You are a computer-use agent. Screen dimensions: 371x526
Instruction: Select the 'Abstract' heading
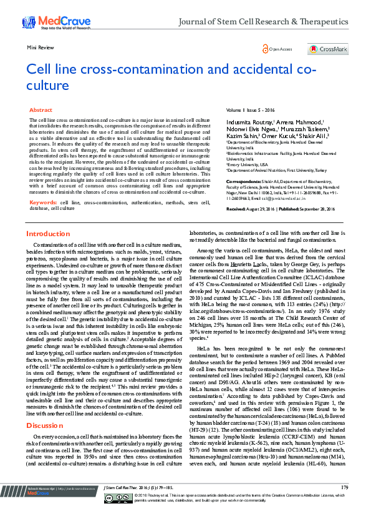(x=41, y=109)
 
